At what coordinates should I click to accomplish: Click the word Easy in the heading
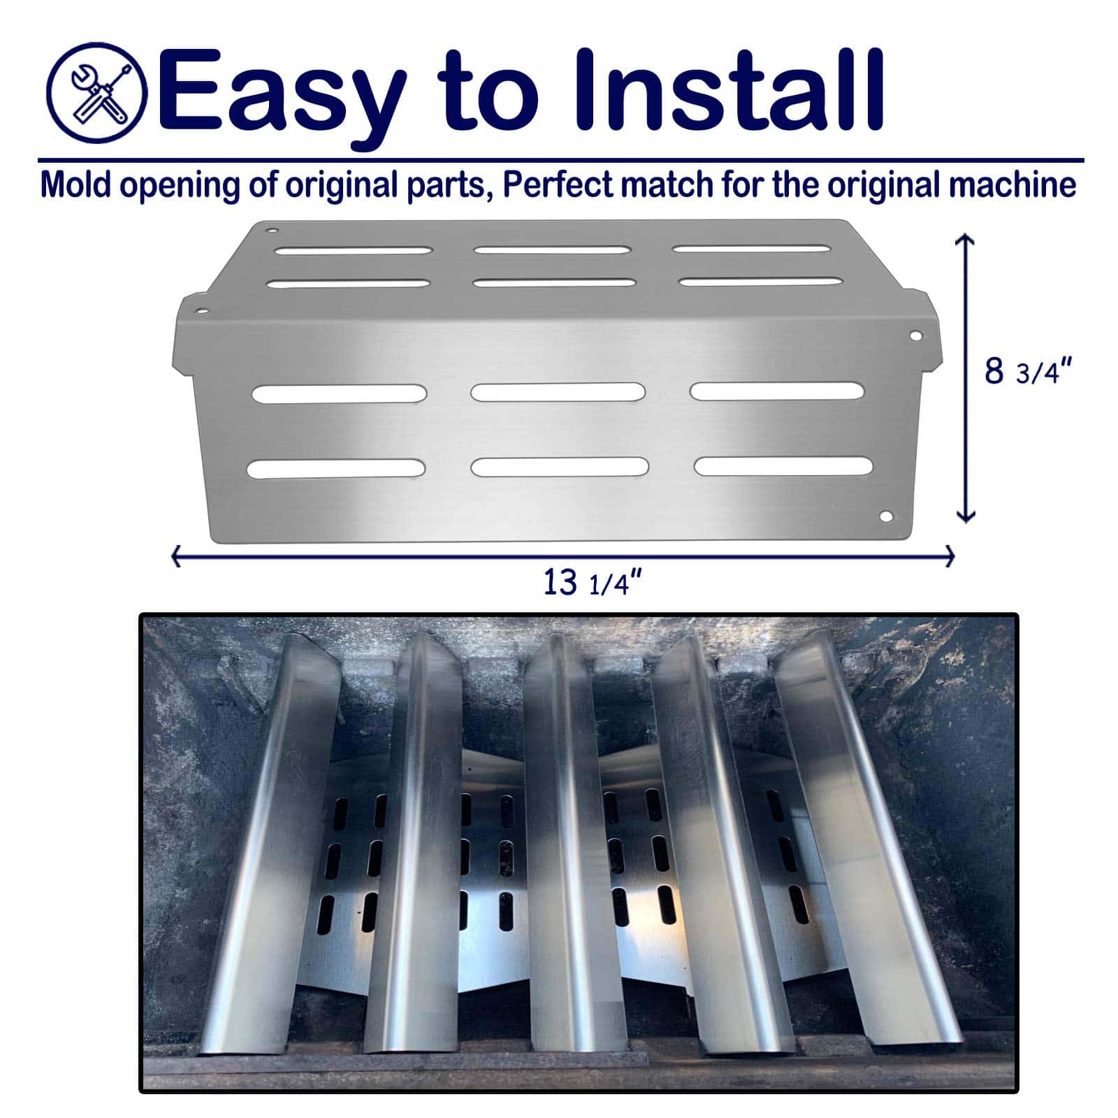(284, 94)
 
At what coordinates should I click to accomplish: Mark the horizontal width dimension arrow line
(562, 556)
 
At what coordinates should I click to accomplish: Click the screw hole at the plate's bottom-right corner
(886, 517)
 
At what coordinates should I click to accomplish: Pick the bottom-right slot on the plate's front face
(783, 466)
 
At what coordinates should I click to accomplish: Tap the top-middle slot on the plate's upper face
(553, 249)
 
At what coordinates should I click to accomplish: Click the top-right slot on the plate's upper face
(751, 248)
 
